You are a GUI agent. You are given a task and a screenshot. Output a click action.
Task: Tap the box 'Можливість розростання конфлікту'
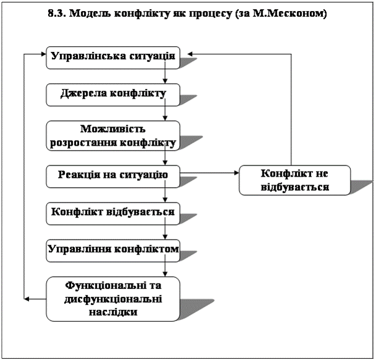pos(113,136)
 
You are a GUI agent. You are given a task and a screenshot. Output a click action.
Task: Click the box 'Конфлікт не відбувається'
pos(295,179)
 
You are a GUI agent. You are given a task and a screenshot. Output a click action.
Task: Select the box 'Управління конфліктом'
pos(113,249)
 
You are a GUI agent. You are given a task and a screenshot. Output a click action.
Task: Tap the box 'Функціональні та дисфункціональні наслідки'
pos(113,299)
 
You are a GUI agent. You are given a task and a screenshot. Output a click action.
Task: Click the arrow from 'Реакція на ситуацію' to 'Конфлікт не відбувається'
pos(210,174)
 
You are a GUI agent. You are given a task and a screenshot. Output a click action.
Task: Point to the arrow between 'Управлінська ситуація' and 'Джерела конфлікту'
pos(165,75)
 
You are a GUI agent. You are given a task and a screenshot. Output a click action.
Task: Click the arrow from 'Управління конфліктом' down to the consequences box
pos(165,268)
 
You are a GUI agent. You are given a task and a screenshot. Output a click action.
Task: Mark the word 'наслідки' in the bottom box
pos(113,312)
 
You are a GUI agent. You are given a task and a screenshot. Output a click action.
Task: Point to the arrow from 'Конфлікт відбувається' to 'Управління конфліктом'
pos(165,231)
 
